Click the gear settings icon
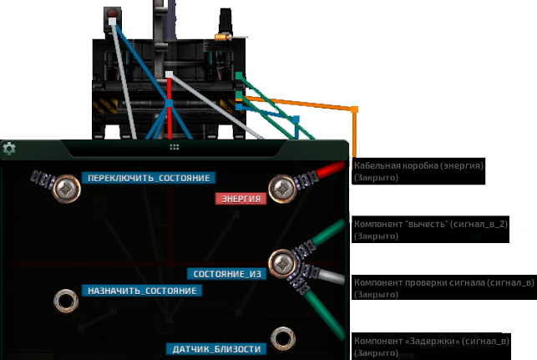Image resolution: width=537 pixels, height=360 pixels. point(9,149)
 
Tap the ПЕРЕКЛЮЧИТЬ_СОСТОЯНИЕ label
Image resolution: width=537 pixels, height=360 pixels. point(149,178)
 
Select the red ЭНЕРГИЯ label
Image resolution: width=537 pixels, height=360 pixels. point(241,199)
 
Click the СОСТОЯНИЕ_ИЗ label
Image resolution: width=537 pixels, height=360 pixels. point(226,274)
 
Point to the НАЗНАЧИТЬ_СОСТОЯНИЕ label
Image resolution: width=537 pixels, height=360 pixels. point(142,291)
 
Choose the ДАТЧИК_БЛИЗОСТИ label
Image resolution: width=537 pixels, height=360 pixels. point(216,349)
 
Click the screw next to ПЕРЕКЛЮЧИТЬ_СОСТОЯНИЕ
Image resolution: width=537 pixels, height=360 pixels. point(66,189)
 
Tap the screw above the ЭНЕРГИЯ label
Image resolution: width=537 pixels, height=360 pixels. point(282,189)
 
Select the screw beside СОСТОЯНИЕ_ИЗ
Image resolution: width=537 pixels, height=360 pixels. point(282,264)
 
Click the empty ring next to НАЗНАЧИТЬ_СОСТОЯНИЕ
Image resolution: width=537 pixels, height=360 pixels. point(66,292)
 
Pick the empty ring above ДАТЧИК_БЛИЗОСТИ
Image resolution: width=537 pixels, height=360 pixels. point(283,330)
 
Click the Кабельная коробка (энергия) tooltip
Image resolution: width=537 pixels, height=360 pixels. point(418,171)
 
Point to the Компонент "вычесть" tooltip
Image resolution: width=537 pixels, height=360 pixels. point(430,230)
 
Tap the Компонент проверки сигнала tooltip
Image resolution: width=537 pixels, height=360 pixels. point(444,287)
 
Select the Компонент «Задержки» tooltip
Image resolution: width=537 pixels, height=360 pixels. point(432,346)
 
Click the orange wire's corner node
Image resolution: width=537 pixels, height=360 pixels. point(354,109)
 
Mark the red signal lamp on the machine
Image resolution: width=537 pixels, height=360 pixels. point(112,13)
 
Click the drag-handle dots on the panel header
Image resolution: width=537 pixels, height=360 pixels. point(175,147)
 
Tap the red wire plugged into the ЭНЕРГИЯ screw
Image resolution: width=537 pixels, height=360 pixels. point(331,170)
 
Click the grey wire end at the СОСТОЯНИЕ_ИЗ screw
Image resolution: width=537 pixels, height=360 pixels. point(332,277)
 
